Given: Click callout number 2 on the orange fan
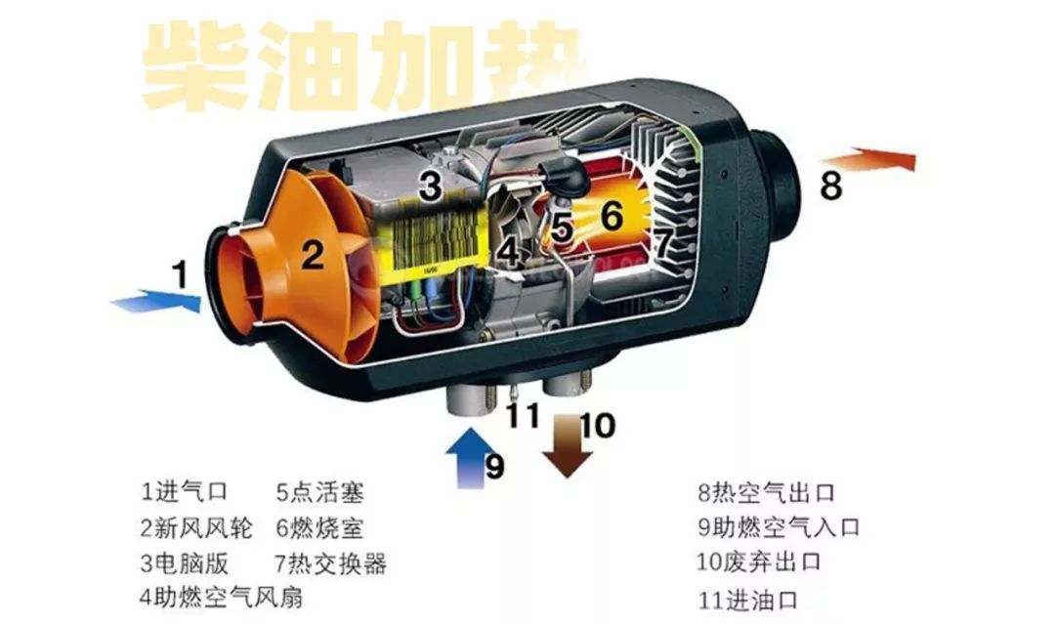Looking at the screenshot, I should (312, 255).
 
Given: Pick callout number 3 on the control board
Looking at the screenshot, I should (431, 185).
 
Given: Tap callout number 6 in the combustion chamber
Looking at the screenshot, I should (611, 216).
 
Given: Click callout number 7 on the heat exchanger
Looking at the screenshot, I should (663, 240).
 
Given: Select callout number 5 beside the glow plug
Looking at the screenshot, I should (561, 228).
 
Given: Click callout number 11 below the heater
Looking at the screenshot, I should (523, 416).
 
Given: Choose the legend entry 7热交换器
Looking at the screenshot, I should (331, 563).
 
